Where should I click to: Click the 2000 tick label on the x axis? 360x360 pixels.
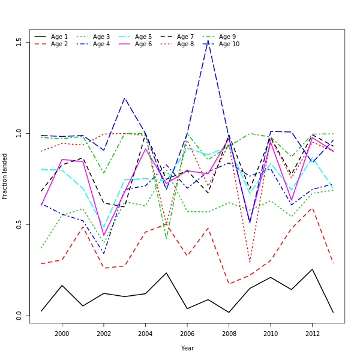coord(62,334)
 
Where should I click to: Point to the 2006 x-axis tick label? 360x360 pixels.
coord(187,334)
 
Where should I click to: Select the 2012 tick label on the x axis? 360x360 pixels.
coord(311,334)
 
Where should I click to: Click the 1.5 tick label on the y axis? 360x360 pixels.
coord(19,41)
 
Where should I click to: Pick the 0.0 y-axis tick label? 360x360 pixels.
coord(19,315)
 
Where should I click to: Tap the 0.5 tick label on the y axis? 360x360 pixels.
coord(19,224)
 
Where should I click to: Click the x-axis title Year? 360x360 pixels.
coord(187,348)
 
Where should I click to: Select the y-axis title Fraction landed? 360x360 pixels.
coord(5,176)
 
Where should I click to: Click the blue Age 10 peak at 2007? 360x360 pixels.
coord(208,40)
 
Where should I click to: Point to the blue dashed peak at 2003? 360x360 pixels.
coord(124,98)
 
